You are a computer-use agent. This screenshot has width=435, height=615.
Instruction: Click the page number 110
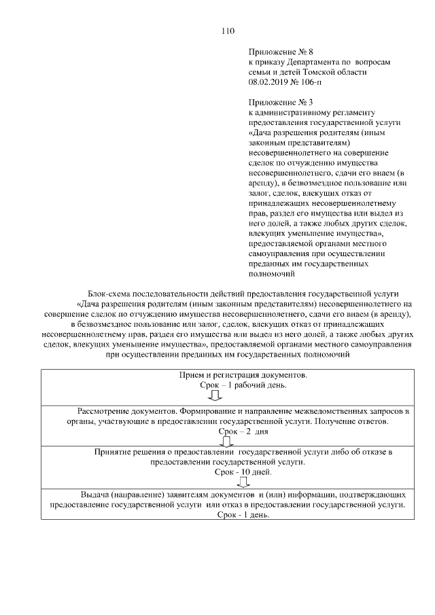tap(228, 31)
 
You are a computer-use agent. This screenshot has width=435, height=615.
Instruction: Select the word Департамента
tap(310, 62)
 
